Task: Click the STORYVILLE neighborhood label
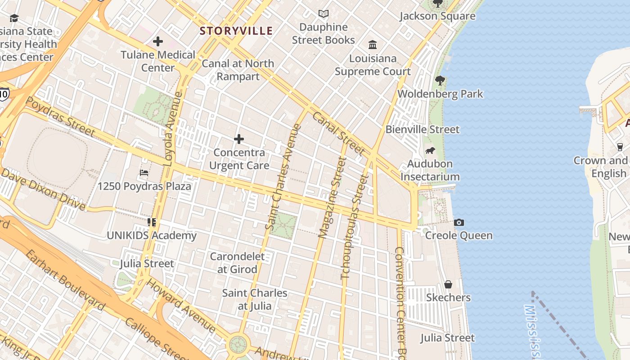click(x=236, y=31)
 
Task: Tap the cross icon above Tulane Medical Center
click(x=158, y=42)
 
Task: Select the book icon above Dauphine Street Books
click(x=323, y=14)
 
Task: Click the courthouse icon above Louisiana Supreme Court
click(x=373, y=45)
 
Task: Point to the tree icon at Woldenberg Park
click(x=440, y=81)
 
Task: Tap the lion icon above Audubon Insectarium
click(x=430, y=150)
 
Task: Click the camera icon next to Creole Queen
click(x=459, y=222)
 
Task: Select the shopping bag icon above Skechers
click(x=448, y=284)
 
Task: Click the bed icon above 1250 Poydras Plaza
click(x=144, y=173)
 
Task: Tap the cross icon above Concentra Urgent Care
click(x=239, y=139)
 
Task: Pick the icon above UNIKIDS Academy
click(x=151, y=222)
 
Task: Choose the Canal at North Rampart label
click(x=238, y=70)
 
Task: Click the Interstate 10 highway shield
click(x=4, y=94)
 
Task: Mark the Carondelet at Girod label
click(x=238, y=263)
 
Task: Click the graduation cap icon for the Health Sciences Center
click(x=14, y=18)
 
